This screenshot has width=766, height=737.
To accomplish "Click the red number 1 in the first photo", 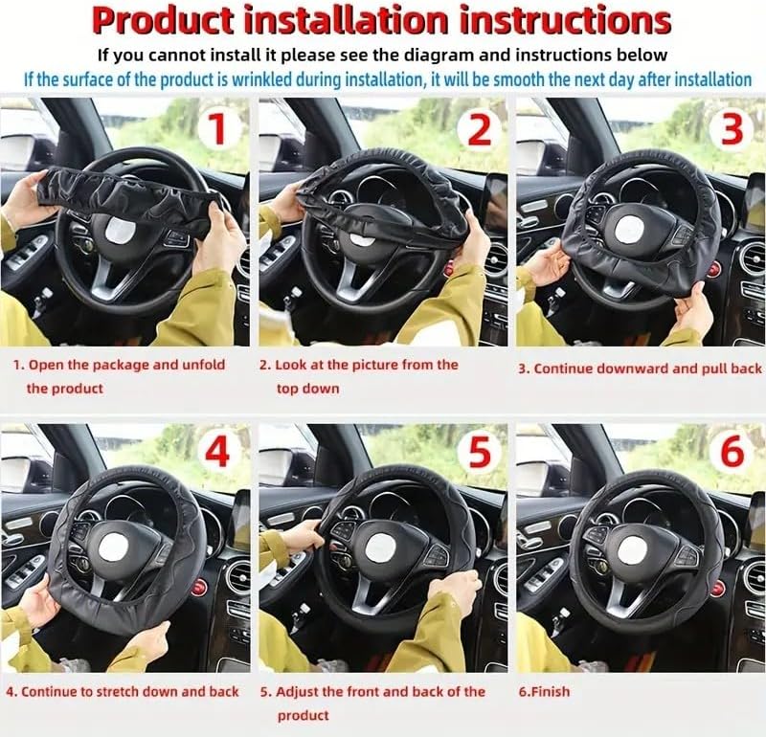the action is pyautogui.click(x=217, y=128).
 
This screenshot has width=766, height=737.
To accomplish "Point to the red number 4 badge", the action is pyautogui.click(x=217, y=453).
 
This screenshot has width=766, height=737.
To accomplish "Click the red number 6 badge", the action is pyautogui.click(x=732, y=453).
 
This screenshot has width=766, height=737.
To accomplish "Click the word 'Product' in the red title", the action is pyautogui.click(x=163, y=20).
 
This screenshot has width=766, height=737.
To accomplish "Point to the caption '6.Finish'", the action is pyautogui.click(x=544, y=692).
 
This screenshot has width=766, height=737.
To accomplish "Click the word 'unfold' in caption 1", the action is pyautogui.click(x=204, y=365).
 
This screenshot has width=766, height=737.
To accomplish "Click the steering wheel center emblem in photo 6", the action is pyautogui.click(x=632, y=552).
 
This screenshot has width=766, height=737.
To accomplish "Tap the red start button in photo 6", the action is pyautogui.click(x=715, y=588).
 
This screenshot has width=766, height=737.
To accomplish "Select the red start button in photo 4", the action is pyautogui.click(x=198, y=588).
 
